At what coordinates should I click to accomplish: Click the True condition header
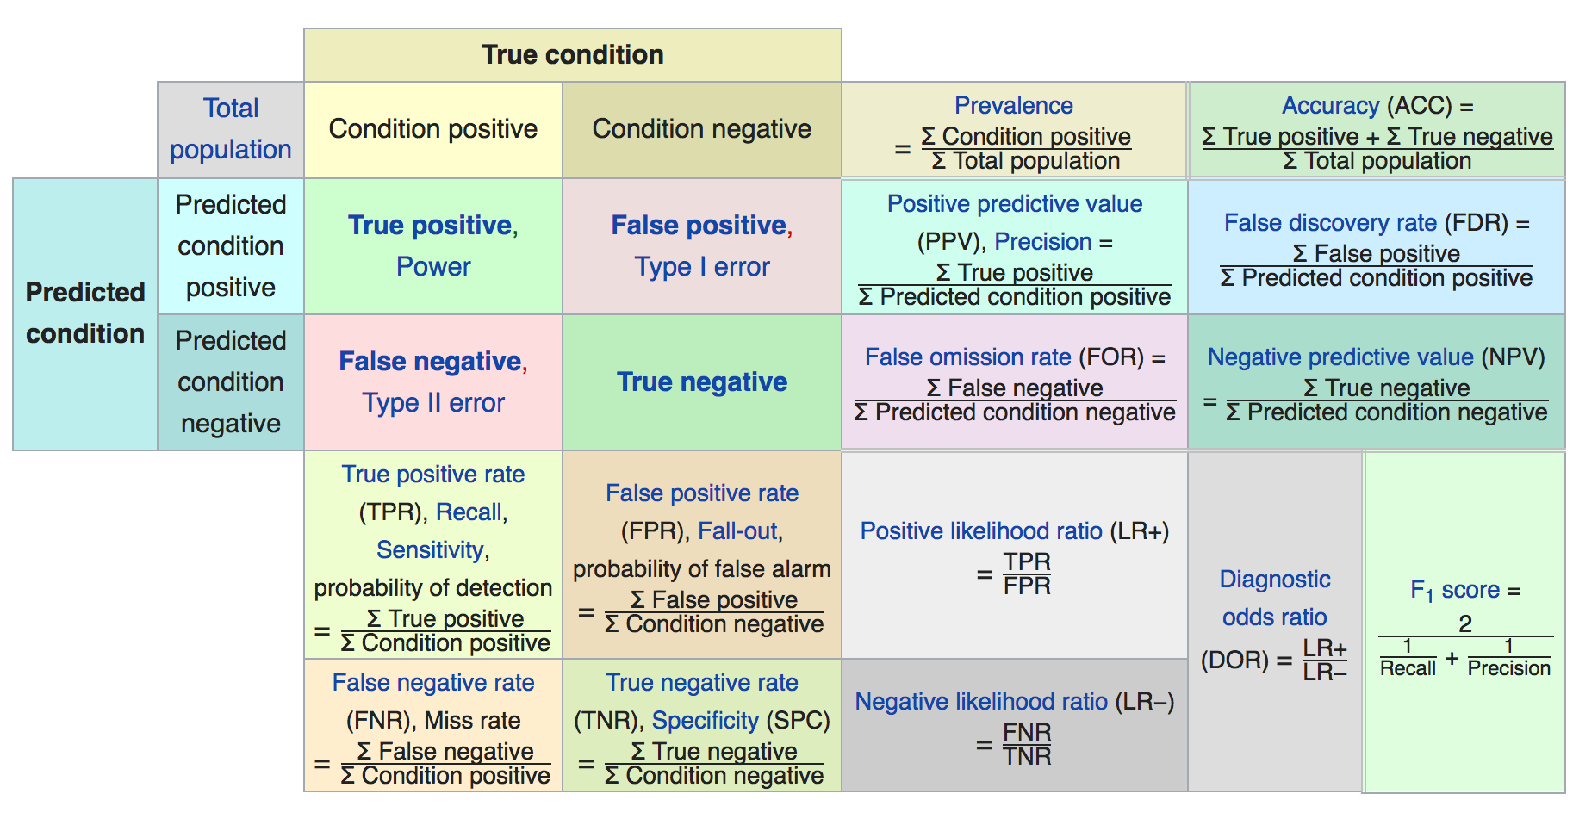point(573,54)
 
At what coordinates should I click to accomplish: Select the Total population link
point(231,128)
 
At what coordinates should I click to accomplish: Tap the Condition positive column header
point(433,128)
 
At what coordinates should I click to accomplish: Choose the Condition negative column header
point(702,128)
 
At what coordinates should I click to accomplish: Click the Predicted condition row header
point(85,313)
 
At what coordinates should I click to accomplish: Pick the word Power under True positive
point(433,266)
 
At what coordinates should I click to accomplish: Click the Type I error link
point(702,266)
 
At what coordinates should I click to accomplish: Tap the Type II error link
point(433,402)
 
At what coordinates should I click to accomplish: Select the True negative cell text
point(702,381)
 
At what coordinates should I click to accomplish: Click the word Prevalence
point(1014,105)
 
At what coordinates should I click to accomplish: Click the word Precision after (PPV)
point(1043,241)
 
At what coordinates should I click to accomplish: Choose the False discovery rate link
point(1331,222)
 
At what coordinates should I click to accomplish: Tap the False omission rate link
point(968,357)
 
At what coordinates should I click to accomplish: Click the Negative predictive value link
point(1340,357)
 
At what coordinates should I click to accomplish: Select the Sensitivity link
point(431,549)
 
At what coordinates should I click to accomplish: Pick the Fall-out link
point(737,530)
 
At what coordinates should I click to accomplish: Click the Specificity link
point(706,720)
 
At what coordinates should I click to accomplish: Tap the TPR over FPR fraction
point(1027,574)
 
